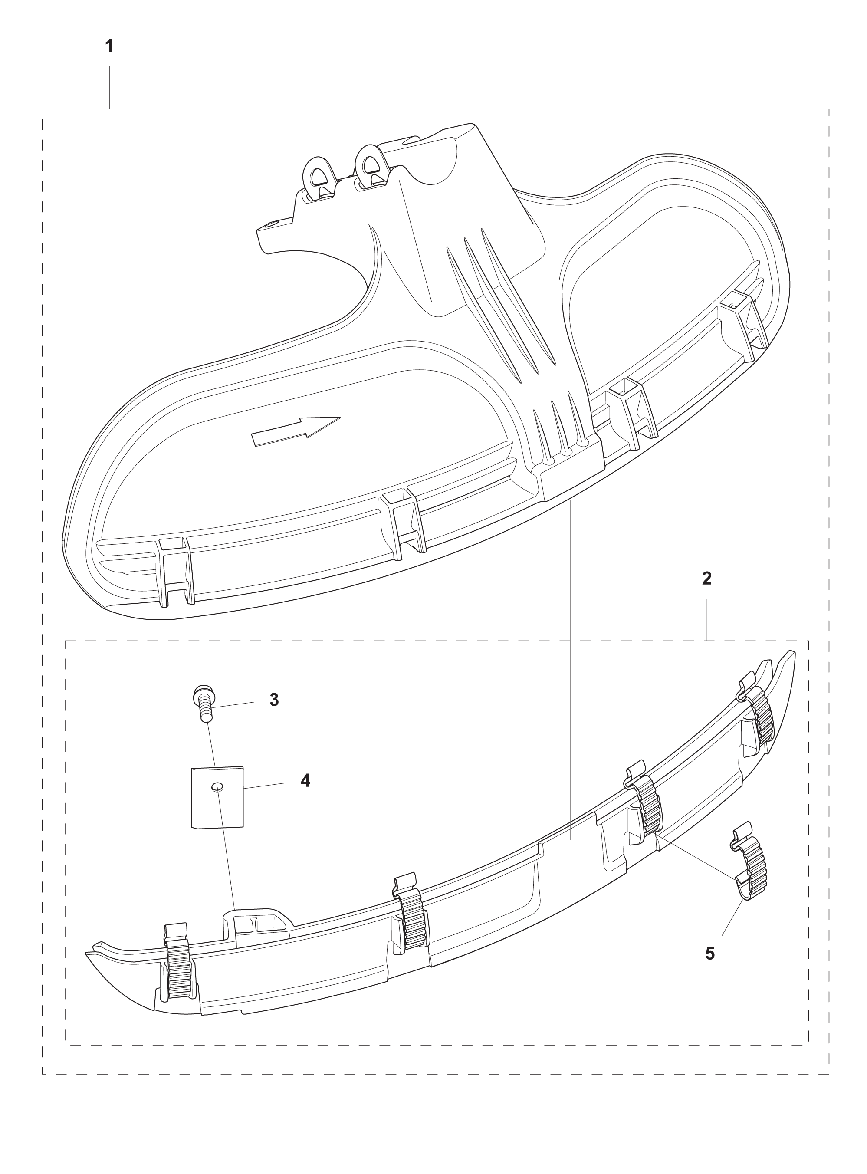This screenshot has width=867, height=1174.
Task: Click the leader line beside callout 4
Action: [x=265, y=786]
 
